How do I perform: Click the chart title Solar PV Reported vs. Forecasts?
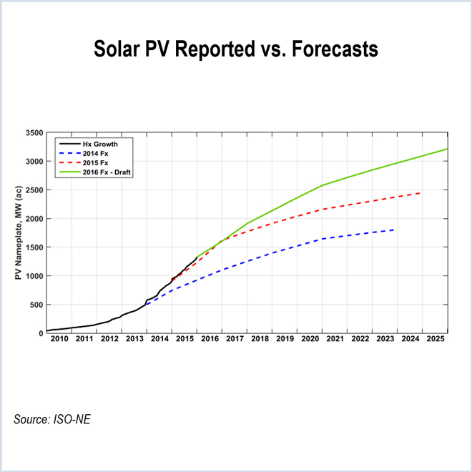coord(236,51)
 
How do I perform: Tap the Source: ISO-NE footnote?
coord(52,418)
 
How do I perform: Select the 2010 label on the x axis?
coord(59,340)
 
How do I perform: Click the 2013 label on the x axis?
coord(134,340)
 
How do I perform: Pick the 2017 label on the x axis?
coord(235,340)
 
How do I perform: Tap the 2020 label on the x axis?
coord(310,340)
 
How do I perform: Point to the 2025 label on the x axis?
coord(436,340)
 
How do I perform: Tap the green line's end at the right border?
coord(447,149)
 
